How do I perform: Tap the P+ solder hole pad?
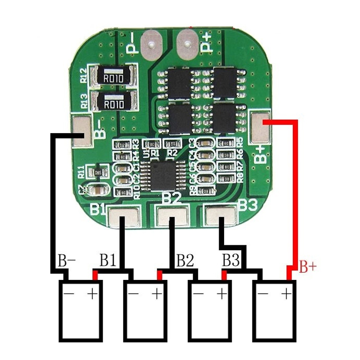(187, 43)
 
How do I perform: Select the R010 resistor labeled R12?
(112, 77)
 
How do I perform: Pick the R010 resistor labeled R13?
(113, 103)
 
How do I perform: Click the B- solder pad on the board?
(82, 130)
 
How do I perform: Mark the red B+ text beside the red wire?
(308, 268)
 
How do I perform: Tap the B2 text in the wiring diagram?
(185, 260)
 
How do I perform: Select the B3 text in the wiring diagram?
(231, 260)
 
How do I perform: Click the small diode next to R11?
(99, 173)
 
